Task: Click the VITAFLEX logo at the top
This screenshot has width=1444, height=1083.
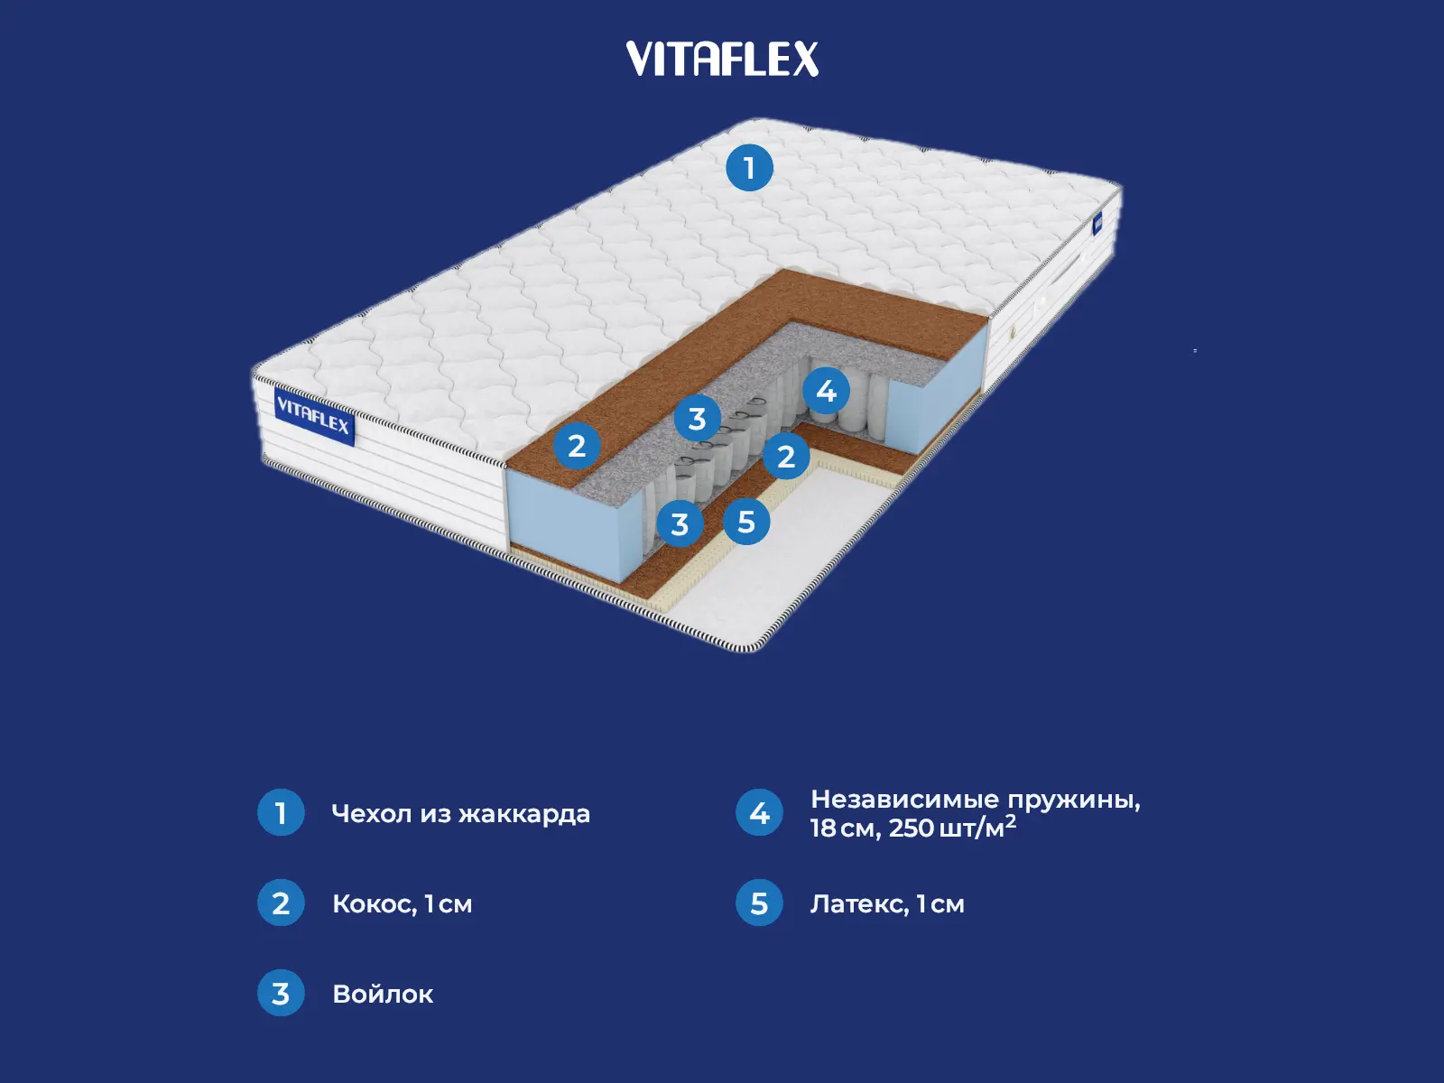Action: (722, 60)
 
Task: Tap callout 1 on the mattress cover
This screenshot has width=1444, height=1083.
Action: (749, 168)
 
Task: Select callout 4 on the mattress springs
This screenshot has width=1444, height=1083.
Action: (826, 391)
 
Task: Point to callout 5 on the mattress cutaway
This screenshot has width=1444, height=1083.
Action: (746, 522)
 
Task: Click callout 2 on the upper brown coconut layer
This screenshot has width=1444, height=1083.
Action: (577, 446)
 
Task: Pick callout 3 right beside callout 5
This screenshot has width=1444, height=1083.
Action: (680, 524)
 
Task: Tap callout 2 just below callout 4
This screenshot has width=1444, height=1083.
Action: (786, 457)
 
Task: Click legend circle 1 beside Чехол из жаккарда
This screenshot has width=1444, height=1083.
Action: (281, 813)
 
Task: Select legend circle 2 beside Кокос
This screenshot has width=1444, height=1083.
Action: (281, 903)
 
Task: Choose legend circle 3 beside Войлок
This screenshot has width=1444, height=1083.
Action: (281, 994)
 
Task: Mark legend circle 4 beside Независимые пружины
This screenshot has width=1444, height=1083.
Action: (759, 813)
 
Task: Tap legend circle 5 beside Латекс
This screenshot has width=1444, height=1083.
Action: (759, 903)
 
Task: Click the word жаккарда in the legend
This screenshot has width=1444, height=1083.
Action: (524, 814)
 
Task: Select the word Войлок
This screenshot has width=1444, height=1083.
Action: (383, 995)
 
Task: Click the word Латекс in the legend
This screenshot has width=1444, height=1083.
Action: (859, 904)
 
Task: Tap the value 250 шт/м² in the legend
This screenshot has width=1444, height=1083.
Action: (952, 828)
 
